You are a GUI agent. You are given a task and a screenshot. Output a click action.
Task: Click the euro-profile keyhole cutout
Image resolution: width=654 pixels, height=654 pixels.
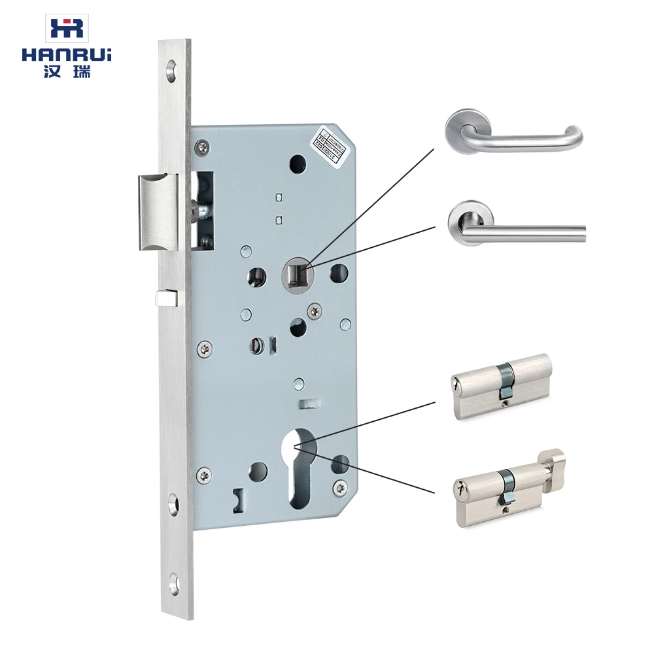point(300,468)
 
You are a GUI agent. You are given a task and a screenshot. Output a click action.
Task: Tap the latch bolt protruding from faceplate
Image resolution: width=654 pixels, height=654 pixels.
point(157,212)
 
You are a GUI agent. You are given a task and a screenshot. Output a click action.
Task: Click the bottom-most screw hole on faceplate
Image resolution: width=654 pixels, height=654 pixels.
point(173,579)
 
